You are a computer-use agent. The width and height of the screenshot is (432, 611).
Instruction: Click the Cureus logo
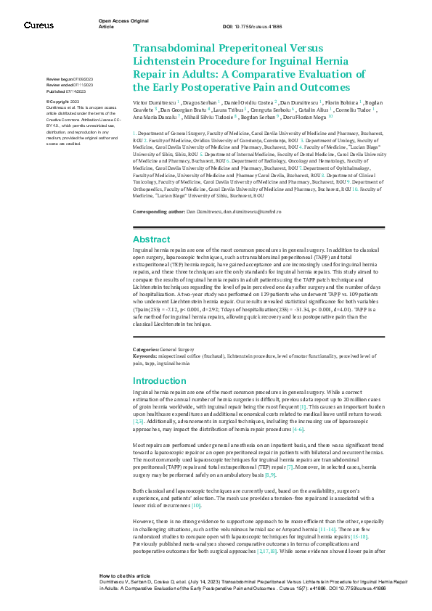[38, 25]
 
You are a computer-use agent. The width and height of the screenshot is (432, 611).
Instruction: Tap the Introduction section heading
[160, 380]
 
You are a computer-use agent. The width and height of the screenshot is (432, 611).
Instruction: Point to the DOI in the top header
[251, 27]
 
